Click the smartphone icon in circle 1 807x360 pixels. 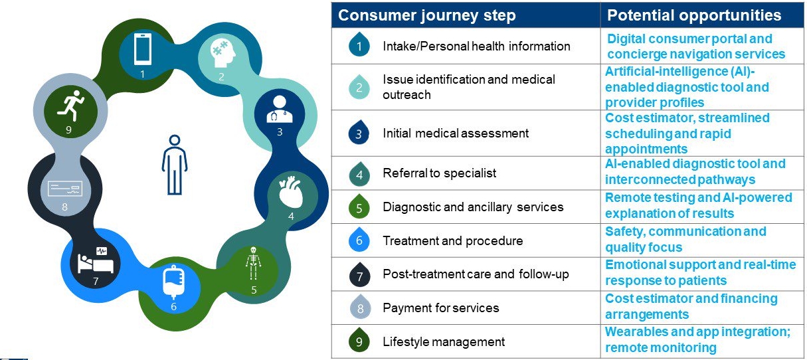[x=142, y=50]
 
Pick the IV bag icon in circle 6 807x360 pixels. [x=174, y=283]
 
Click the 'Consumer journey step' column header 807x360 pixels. [x=427, y=15]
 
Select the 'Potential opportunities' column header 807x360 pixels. [x=694, y=15]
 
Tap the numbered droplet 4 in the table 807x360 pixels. [x=359, y=173]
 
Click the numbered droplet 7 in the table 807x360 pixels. [x=359, y=274]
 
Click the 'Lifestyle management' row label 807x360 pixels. [x=444, y=342]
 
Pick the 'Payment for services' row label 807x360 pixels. [x=440, y=308]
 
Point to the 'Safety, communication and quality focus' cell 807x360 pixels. [x=685, y=239]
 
